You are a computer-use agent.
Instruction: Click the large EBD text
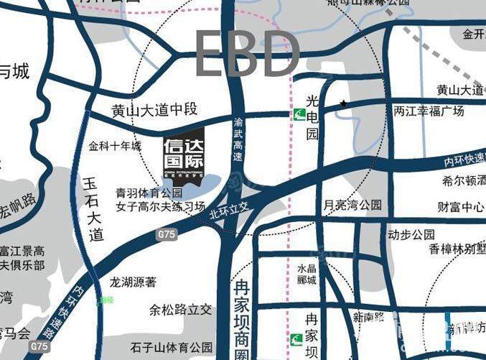248,54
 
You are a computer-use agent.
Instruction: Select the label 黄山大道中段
154,111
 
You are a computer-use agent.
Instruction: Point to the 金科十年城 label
115,146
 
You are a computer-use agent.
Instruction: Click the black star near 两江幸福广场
344,104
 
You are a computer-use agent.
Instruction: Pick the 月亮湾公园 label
353,206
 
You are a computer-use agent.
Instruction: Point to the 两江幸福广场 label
429,111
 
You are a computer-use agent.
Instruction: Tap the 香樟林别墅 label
457,249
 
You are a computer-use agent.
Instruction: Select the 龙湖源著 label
133,283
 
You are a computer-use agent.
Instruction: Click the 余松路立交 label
180,310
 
